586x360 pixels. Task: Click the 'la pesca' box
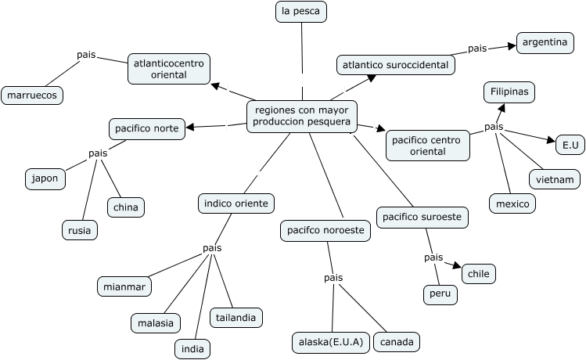(x=301, y=12)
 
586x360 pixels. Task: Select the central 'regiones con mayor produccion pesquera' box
(x=302, y=116)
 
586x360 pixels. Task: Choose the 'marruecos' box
(x=32, y=95)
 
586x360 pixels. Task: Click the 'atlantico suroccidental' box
(x=396, y=65)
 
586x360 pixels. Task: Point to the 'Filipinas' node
(x=509, y=92)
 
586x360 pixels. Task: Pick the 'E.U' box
(x=569, y=145)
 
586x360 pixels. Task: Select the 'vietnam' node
(x=555, y=179)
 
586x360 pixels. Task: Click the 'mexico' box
(x=512, y=204)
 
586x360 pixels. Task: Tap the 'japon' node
(x=45, y=178)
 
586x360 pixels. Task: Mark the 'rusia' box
(x=80, y=230)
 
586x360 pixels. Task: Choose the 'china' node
(x=125, y=207)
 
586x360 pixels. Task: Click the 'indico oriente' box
(x=235, y=203)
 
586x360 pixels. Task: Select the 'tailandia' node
(x=236, y=317)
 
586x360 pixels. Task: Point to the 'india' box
(x=192, y=348)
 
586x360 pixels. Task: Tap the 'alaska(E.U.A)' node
(x=330, y=342)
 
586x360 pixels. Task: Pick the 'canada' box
(x=397, y=342)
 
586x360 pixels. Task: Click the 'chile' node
(x=479, y=274)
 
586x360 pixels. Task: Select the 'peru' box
(x=440, y=295)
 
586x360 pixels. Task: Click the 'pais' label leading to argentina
(x=477, y=49)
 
